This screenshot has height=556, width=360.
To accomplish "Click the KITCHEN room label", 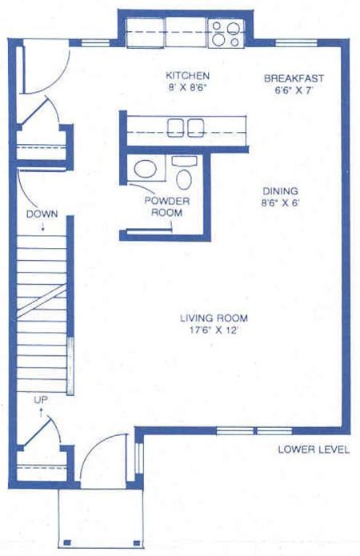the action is pos(188,75).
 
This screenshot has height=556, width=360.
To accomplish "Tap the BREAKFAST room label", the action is pos(294,78).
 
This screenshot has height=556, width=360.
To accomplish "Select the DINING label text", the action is pos(280,191).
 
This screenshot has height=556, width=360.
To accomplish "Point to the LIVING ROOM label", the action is pos(214,318).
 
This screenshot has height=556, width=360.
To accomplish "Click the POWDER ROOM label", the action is pos(167,206).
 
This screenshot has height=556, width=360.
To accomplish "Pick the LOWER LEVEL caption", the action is pos(314,450).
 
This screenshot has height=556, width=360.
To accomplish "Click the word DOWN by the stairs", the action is pos(42,214).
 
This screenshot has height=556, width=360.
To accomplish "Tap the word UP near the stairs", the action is pos(41,400).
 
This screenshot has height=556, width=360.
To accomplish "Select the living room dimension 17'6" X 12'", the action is pos(213,330).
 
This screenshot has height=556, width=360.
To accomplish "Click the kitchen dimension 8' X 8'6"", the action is pos(188,87).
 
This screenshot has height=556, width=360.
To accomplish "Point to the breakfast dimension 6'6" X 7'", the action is pos(294,90).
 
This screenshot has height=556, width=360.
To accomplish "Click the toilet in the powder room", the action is pos(184,179).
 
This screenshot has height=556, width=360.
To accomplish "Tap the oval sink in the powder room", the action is pos(146,169).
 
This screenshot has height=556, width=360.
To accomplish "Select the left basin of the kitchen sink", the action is pos(175,128).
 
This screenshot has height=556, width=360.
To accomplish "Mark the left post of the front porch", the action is pos(67,542).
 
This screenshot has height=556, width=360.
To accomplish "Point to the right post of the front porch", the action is pos(137,542).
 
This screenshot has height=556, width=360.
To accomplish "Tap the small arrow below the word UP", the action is pos(41,413).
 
